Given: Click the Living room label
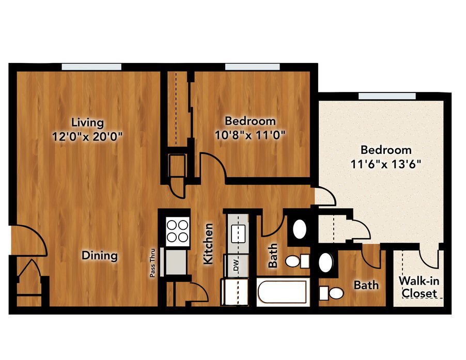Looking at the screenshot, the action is pos(87,122).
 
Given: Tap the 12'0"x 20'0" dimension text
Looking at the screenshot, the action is pos(87,136).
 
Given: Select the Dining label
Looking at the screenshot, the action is pos(100,256).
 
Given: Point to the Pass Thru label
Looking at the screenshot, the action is pos(153,263).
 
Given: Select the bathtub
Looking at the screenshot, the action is pos(283,292).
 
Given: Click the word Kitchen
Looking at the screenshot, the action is pos(208,244).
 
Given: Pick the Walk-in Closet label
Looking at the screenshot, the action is pos(419,287).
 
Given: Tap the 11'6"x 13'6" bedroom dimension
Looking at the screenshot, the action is pos(386,164).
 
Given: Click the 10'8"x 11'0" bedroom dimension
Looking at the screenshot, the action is pos(250,135).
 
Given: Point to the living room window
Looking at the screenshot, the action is pos(91,67).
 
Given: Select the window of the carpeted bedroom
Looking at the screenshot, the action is pos(387,96).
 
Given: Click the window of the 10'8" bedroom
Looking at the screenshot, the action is pos(252,67).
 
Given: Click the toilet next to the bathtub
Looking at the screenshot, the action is pos(298,261).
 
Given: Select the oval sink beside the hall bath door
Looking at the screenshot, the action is pos(300,229).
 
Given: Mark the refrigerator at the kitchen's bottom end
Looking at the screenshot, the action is pos(235,292).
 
